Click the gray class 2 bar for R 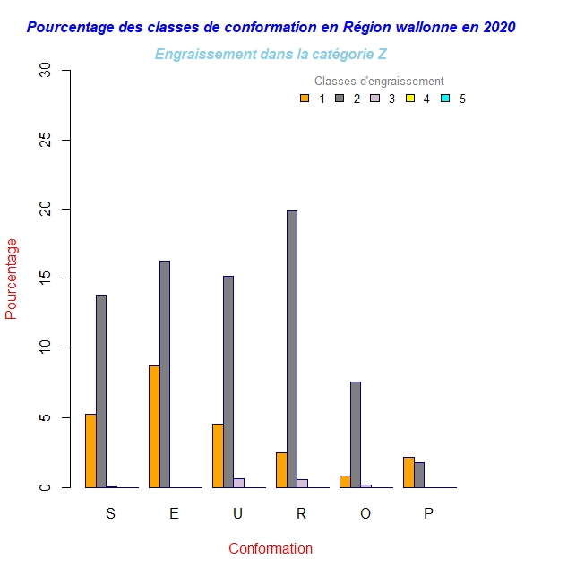click(292, 349)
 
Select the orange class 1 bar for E click(154, 426)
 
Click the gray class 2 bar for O click(356, 434)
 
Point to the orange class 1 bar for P click(408, 472)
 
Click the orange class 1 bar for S click(90, 451)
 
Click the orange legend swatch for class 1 click(305, 99)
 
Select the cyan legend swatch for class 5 click(445, 99)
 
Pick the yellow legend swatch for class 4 click(410, 99)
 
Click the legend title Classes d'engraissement click(379, 82)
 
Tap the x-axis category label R click(301, 513)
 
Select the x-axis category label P click(428, 513)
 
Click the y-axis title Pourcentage click(12, 279)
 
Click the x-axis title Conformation click(271, 548)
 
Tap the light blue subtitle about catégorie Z click(271, 54)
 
